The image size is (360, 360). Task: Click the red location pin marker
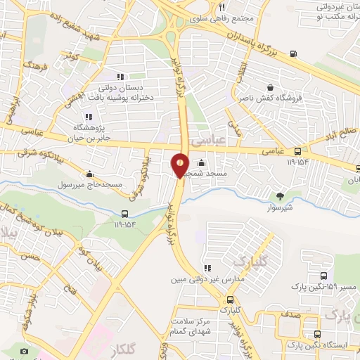180,165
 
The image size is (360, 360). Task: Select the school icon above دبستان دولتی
120,77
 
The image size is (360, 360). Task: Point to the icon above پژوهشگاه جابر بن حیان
88,117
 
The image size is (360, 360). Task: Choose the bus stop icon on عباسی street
297,151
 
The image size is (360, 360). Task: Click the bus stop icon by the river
124,214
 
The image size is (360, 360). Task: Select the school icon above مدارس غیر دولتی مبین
207,269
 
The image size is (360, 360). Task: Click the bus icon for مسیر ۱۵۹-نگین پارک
323,276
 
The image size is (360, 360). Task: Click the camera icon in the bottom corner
25,351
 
